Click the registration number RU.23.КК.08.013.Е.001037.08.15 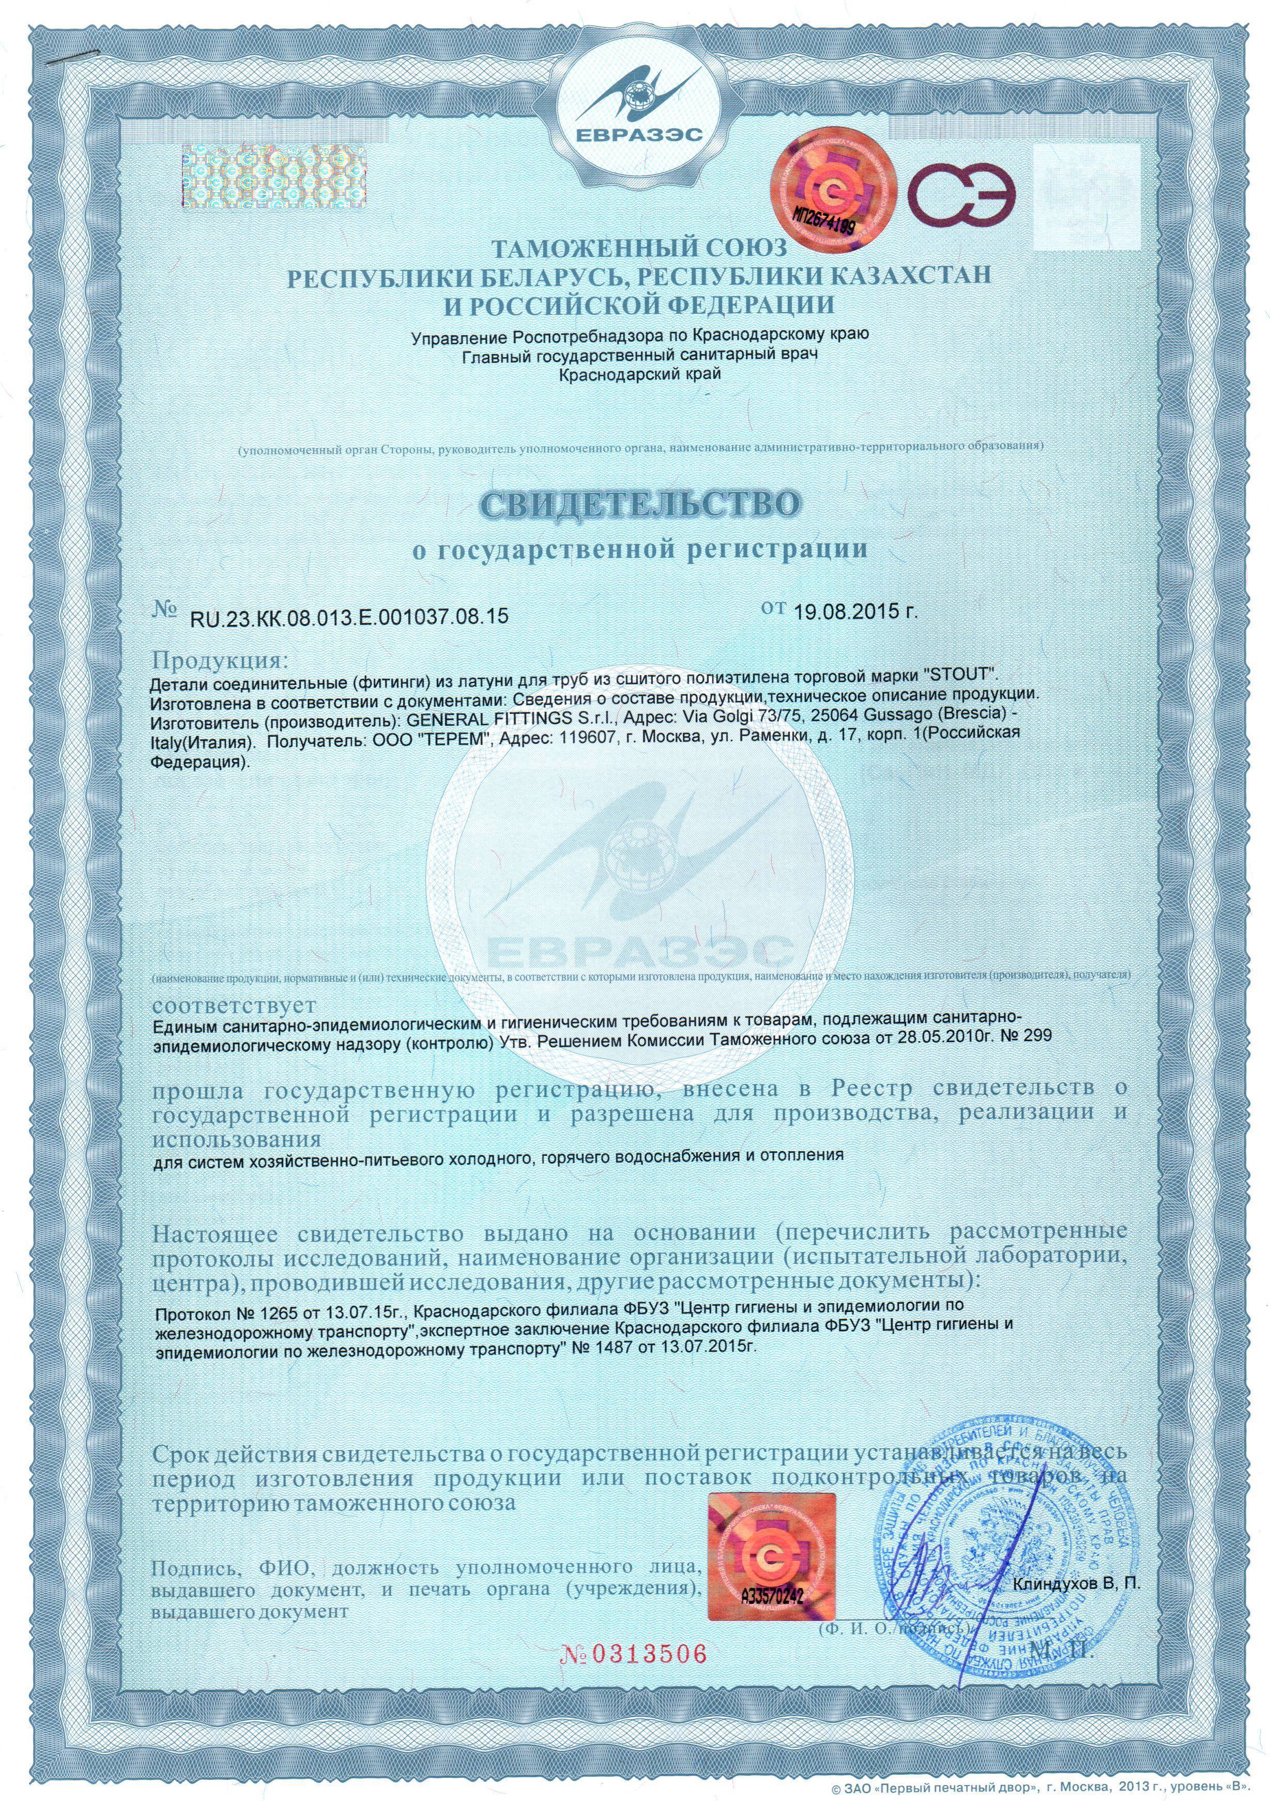[349, 617]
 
